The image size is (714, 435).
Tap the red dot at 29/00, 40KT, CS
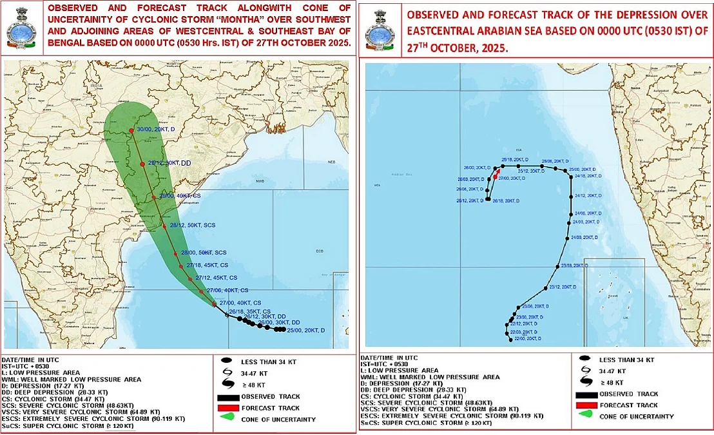click(x=154, y=197)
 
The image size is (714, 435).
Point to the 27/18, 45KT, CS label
click(x=207, y=266)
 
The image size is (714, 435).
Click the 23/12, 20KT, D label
click(x=559, y=287)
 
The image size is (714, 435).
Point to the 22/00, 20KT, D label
click(x=523, y=338)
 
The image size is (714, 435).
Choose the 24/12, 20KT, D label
click(x=587, y=196)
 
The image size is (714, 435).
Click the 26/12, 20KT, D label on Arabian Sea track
click(x=470, y=200)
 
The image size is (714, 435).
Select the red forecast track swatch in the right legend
click(x=586, y=405)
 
